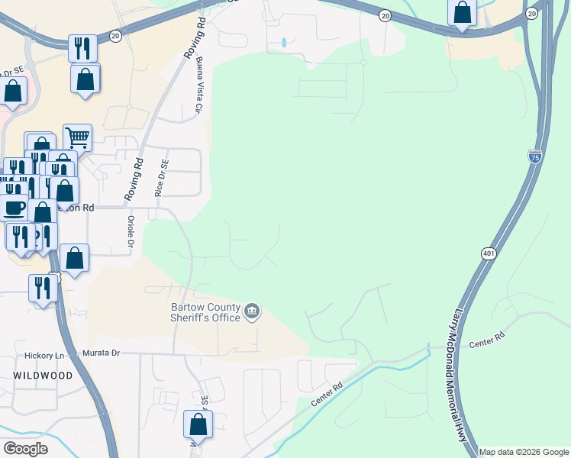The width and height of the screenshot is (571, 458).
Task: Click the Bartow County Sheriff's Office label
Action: [x=205, y=314]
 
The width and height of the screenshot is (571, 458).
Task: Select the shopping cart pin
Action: [x=77, y=138]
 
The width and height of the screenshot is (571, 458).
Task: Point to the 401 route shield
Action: [x=489, y=253]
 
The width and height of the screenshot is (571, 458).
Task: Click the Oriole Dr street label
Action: [x=131, y=231]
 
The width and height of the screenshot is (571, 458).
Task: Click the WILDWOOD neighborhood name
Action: [x=43, y=376]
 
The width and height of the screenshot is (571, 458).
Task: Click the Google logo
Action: [x=25, y=448]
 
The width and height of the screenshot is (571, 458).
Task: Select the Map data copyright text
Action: [x=524, y=452]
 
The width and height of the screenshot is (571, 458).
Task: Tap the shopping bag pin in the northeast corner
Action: [x=462, y=12]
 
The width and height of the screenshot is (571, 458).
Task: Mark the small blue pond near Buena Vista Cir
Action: [x=283, y=42]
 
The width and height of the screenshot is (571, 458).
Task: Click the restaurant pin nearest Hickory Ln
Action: [x=41, y=289]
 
